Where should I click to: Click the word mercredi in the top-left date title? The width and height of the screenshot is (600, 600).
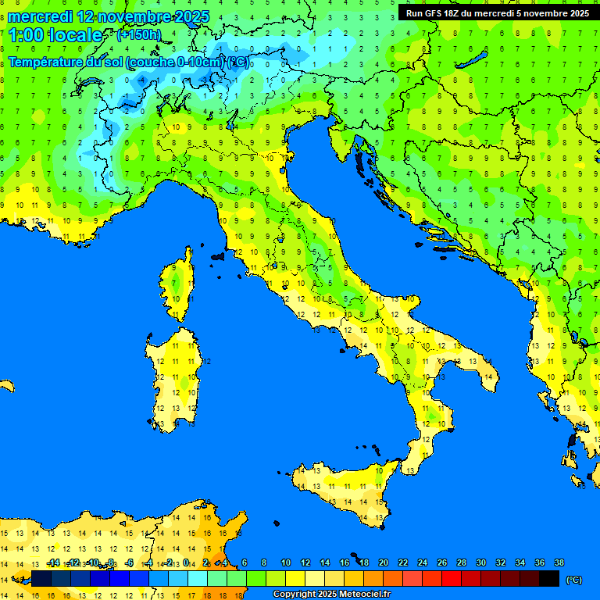tap(40, 16)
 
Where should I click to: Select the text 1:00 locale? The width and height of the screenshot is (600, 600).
tap(55, 35)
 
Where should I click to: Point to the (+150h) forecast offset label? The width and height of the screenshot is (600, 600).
tap(139, 35)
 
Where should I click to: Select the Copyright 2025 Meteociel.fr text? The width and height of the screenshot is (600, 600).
tap(331, 595)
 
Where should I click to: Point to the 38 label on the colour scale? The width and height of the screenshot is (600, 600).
tap(559, 562)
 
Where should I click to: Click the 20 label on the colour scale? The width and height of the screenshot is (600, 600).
tap(384, 562)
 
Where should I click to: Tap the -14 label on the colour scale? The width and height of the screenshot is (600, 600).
tap(53, 562)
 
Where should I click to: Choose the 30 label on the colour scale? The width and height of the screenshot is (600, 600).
tap(480, 562)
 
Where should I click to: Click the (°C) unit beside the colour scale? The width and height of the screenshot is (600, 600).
tap(574, 579)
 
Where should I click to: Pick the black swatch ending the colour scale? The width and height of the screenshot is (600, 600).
tap(549, 578)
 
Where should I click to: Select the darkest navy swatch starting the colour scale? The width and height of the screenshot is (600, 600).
tap(41, 578)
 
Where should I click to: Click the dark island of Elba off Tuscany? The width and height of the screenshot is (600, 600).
tap(218, 255)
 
